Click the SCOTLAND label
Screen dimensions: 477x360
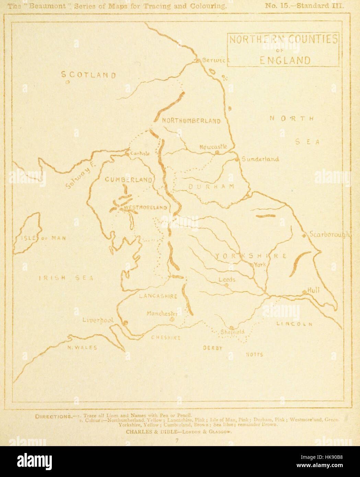(88, 75)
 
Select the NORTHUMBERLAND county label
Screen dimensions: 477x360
(191, 120)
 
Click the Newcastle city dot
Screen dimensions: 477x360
(217, 152)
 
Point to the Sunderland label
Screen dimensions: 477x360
(260, 159)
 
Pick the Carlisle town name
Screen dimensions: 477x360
(140, 153)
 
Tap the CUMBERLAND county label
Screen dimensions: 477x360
(128, 180)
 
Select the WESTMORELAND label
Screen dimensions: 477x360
(146, 208)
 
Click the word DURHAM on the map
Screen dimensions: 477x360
(211, 186)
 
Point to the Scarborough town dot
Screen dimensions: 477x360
(304, 235)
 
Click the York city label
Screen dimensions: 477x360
(259, 265)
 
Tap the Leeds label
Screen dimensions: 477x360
(227, 280)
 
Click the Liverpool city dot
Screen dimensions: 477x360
(125, 322)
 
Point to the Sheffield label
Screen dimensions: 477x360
(233, 332)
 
